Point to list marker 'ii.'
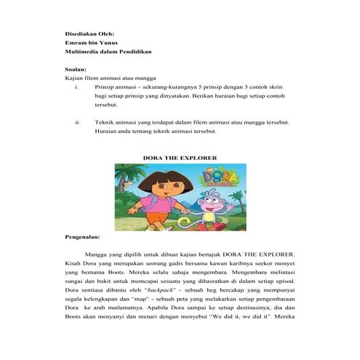[78, 123]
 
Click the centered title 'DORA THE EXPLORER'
[180, 157]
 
